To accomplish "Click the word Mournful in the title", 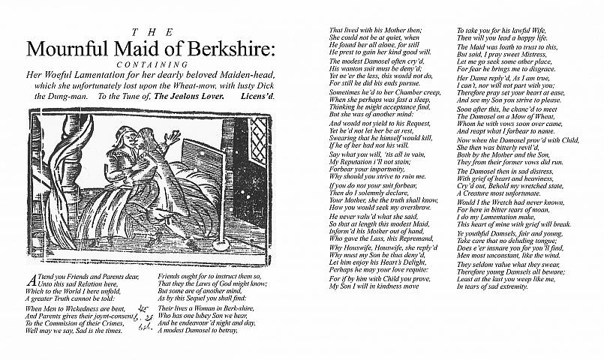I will [x=66, y=48].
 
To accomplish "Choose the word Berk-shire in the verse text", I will [x=239, y=307].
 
